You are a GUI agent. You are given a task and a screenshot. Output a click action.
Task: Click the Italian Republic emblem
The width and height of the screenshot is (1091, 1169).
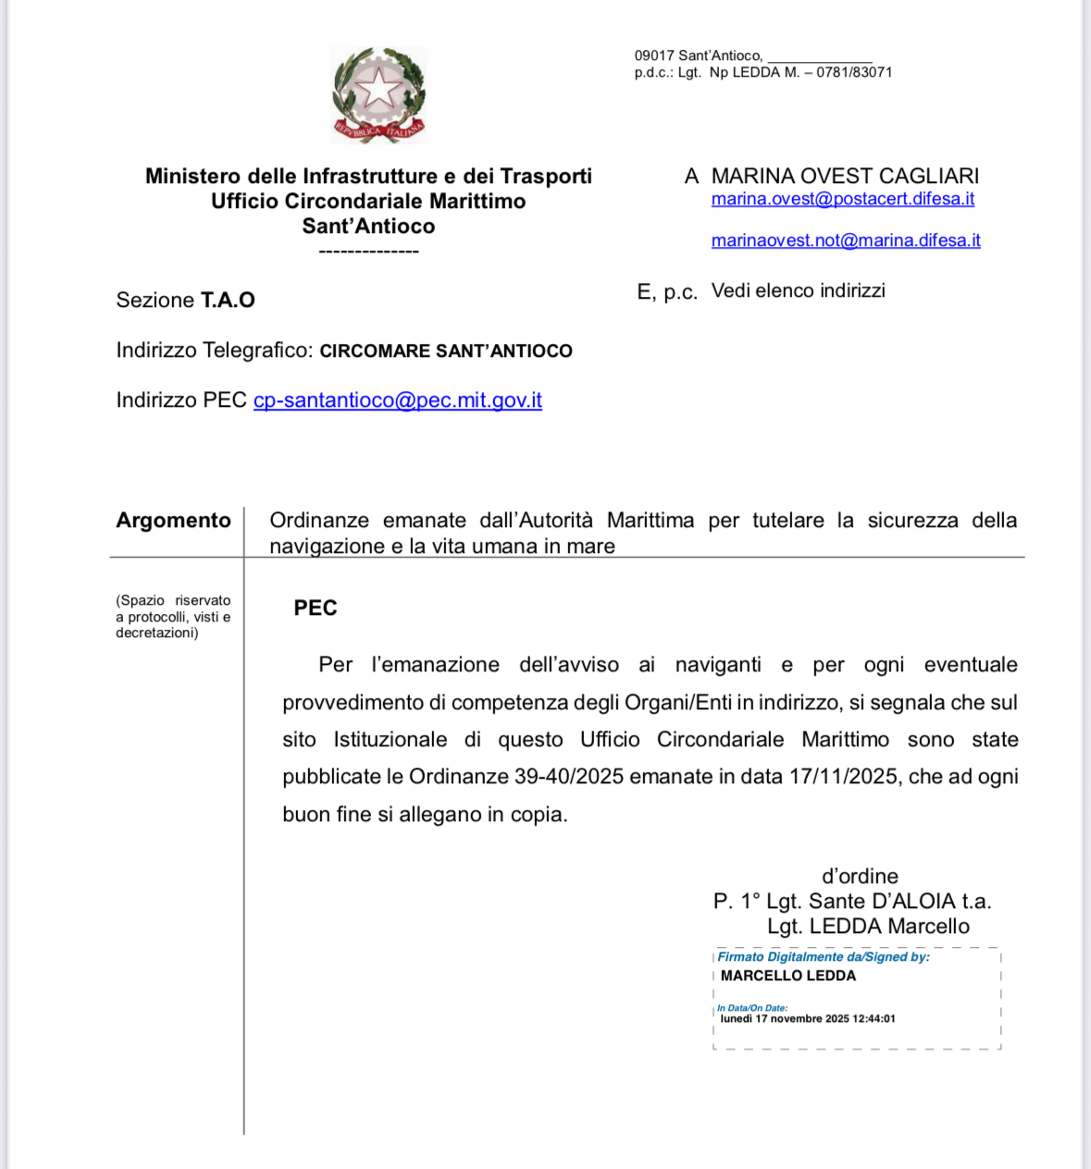[378, 96]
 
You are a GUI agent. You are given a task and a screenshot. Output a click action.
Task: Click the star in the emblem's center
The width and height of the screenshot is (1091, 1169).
[378, 90]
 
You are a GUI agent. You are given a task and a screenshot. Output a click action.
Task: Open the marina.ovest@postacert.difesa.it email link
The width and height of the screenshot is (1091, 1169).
[842, 199]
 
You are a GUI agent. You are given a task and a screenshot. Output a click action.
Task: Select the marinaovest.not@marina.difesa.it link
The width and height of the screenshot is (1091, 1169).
[845, 240]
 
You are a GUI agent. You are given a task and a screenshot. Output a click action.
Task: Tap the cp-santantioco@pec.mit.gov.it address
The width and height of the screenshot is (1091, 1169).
[397, 400]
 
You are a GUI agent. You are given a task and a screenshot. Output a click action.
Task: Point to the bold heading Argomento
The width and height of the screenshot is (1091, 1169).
[173, 521]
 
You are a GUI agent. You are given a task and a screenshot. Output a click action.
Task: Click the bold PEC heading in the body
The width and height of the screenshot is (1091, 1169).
[315, 608]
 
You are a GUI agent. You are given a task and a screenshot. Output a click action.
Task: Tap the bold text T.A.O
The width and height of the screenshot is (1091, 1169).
[228, 300]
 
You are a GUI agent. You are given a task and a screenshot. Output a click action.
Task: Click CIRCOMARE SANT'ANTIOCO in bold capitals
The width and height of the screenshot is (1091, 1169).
[445, 351]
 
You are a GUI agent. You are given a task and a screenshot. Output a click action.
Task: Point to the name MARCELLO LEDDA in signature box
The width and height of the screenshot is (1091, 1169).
[787, 976]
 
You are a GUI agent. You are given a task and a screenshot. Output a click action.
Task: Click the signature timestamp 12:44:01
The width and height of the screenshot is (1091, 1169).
[874, 1019]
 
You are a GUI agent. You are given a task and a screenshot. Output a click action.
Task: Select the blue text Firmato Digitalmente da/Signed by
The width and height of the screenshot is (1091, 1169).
[823, 957]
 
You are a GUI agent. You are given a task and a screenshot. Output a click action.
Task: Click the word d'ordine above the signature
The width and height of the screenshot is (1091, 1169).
[860, 876]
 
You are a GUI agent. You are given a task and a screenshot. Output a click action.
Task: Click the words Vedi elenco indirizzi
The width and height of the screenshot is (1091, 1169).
[798, 290]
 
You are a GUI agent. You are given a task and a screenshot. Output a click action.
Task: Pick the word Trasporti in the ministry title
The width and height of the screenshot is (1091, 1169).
[545, 176]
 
